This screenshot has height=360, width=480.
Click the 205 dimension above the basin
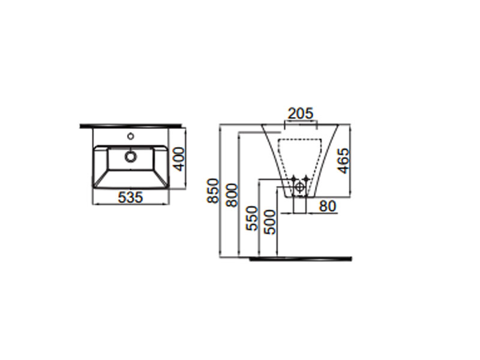pos(301,113)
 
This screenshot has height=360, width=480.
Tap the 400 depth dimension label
pos(178,159)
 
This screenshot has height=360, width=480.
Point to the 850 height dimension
pos(213,191)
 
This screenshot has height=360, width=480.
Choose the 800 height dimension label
pos(232,195)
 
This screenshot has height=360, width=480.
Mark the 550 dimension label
pos(252,218)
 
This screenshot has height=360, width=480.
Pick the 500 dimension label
pos(269,222)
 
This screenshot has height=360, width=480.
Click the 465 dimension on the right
pos(344,161)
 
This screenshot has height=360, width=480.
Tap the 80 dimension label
pos(328,206)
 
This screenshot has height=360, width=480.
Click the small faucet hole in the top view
pos(131,136)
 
